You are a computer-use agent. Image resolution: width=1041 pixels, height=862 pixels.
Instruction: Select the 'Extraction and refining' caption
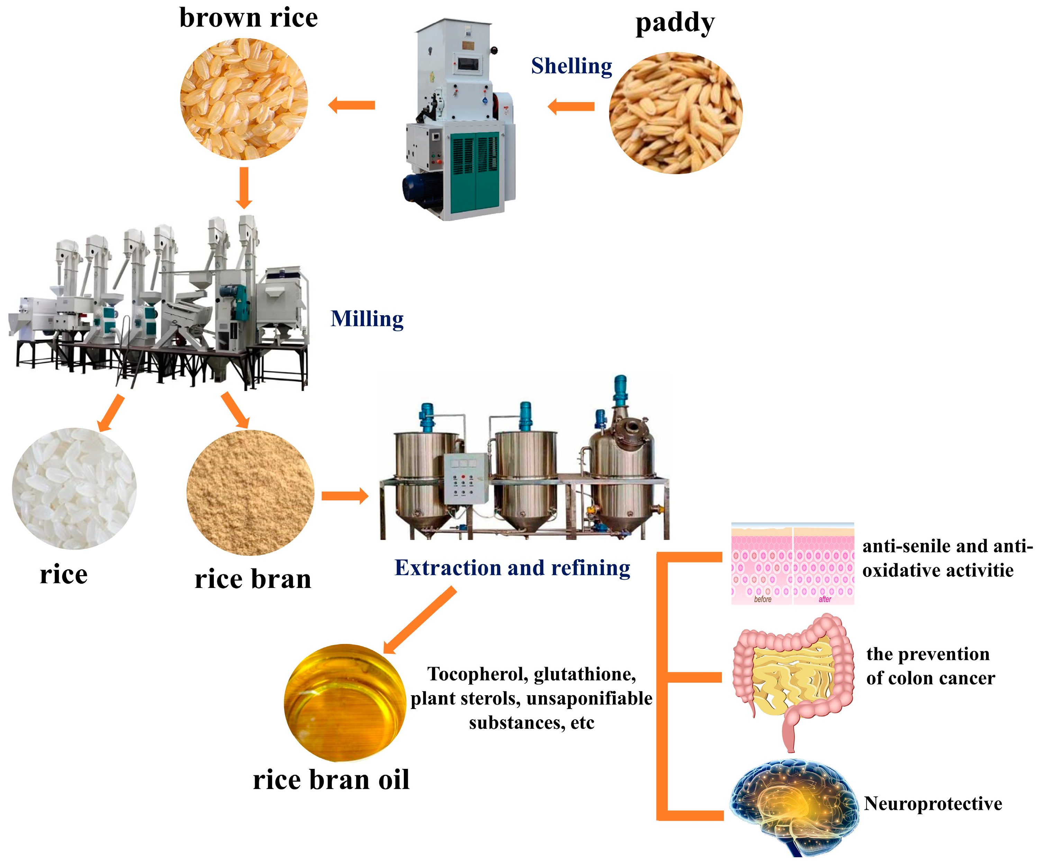pyautogui.click(x=512, y=568)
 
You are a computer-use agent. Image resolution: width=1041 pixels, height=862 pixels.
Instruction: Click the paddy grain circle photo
pyautogui.click(x=675, y=113)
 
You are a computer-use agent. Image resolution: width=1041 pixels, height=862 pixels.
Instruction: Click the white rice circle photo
pyautogui.click(x=74, y=489)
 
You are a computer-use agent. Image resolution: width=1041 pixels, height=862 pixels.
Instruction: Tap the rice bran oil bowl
pyautogui.click(x=345, y=702)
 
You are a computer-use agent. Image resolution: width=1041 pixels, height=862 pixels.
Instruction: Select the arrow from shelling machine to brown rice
pyautogui.click(x=352, y=105)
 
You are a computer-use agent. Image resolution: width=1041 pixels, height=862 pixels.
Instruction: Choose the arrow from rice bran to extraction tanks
pyautogui.click(x=345, y=496)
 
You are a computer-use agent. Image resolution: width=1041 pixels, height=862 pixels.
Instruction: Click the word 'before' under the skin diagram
pyautogui.click(x=762, y=600)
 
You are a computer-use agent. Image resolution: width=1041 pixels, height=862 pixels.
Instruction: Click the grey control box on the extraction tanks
pyautogui.click(x=465, y=478)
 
